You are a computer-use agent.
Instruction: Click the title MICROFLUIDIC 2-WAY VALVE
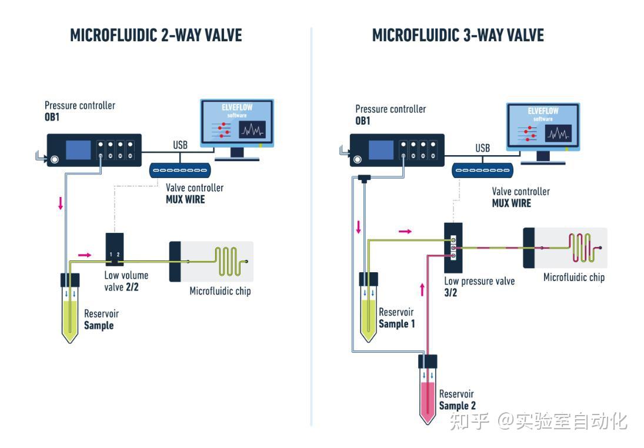[156, 35]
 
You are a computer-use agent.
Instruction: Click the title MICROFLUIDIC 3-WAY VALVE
[458, 35]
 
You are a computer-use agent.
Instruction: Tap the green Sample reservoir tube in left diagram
[70, 309]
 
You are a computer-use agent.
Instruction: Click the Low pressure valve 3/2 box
[453, 248]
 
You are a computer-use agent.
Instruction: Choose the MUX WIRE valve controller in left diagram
[181, 170]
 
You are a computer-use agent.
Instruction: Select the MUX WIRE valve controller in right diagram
[482, 170]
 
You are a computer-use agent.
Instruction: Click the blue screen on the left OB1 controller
[78, 150]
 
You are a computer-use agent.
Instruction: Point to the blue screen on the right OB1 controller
[381, 150]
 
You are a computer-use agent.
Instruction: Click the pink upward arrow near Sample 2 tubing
[422, 289]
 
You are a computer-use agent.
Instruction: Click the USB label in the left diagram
[181, 145]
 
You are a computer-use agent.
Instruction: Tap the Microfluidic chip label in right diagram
[573, 277]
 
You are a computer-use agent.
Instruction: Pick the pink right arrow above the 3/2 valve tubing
[405, 232]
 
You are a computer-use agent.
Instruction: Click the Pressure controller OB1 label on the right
[390, 115]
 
